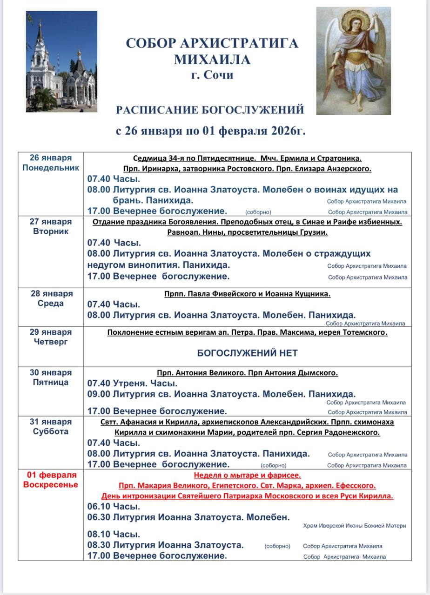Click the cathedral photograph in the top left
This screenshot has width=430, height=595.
click(61, 61)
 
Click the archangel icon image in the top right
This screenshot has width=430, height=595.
click(354, 60)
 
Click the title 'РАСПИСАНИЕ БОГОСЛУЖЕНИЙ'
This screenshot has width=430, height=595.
click(210, 110)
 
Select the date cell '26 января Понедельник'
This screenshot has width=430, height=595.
click(51, 163)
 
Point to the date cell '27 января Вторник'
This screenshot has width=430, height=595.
click(51, 226)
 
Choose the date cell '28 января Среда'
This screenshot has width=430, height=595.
click(51, 299)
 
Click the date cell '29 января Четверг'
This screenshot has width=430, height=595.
click(51, 337)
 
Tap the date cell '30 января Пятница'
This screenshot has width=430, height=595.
click(51, 377)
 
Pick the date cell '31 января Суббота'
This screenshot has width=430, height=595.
click(51, 427)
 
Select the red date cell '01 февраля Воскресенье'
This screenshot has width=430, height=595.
click(51, 480)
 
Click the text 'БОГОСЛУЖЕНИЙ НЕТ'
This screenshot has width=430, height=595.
click(247, 353)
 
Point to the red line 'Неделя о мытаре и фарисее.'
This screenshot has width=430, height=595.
click(247, 475)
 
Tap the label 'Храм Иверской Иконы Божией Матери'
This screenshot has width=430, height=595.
click(354, 526)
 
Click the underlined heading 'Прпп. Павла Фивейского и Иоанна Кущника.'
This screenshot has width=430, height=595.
click(247, 294)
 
